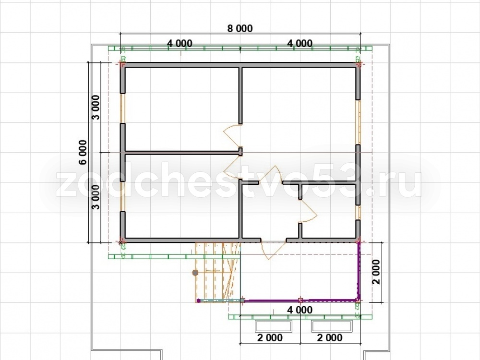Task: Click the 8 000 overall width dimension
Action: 240,28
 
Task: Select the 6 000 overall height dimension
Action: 83,152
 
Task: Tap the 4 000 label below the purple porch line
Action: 300,310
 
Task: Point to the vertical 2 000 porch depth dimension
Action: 376,272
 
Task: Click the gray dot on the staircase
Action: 195,273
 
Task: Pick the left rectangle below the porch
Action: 273,326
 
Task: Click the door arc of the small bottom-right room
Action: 310,211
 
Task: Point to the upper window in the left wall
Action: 122,108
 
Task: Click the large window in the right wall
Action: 358,122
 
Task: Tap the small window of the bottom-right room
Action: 358,212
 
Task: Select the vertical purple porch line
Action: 359,271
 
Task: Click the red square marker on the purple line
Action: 300,300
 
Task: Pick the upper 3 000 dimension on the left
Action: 96,108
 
